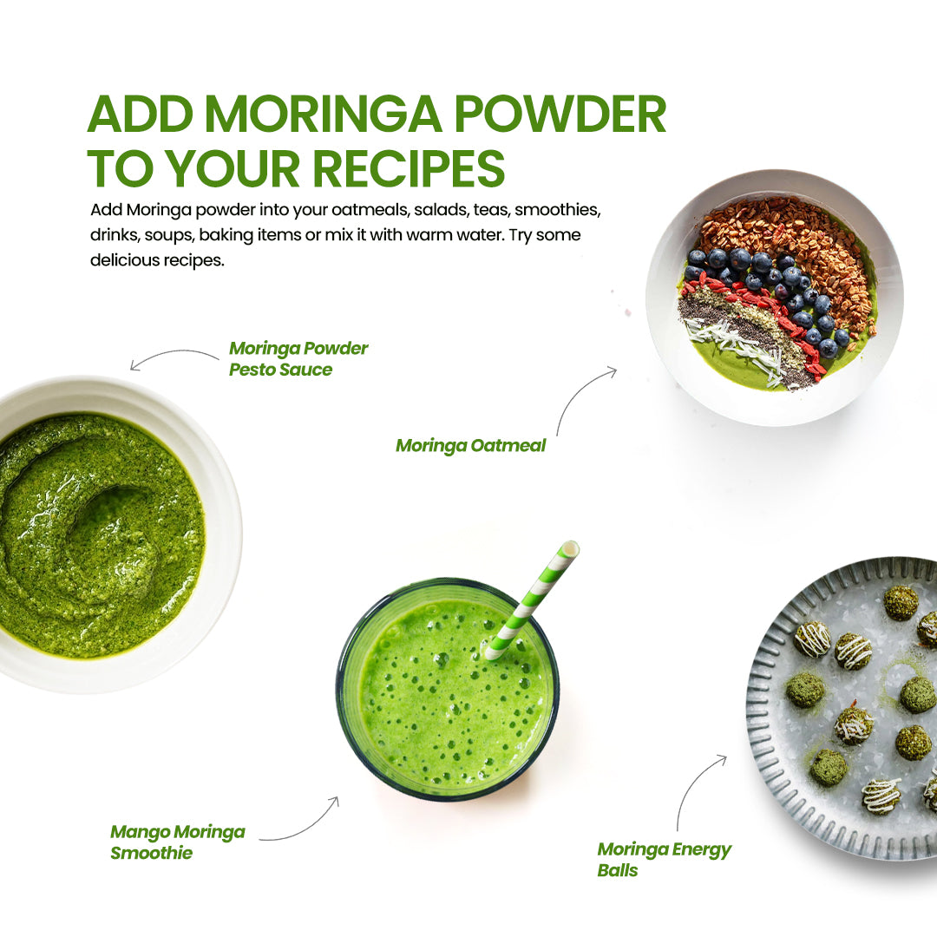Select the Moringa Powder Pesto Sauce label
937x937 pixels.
tap(298, 358)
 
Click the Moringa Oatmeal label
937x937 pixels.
tap(470, 446)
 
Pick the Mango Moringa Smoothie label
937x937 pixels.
tap(177, 842)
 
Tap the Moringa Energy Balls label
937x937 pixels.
tap(664, 859)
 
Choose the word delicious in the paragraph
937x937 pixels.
tap(126, 260)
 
